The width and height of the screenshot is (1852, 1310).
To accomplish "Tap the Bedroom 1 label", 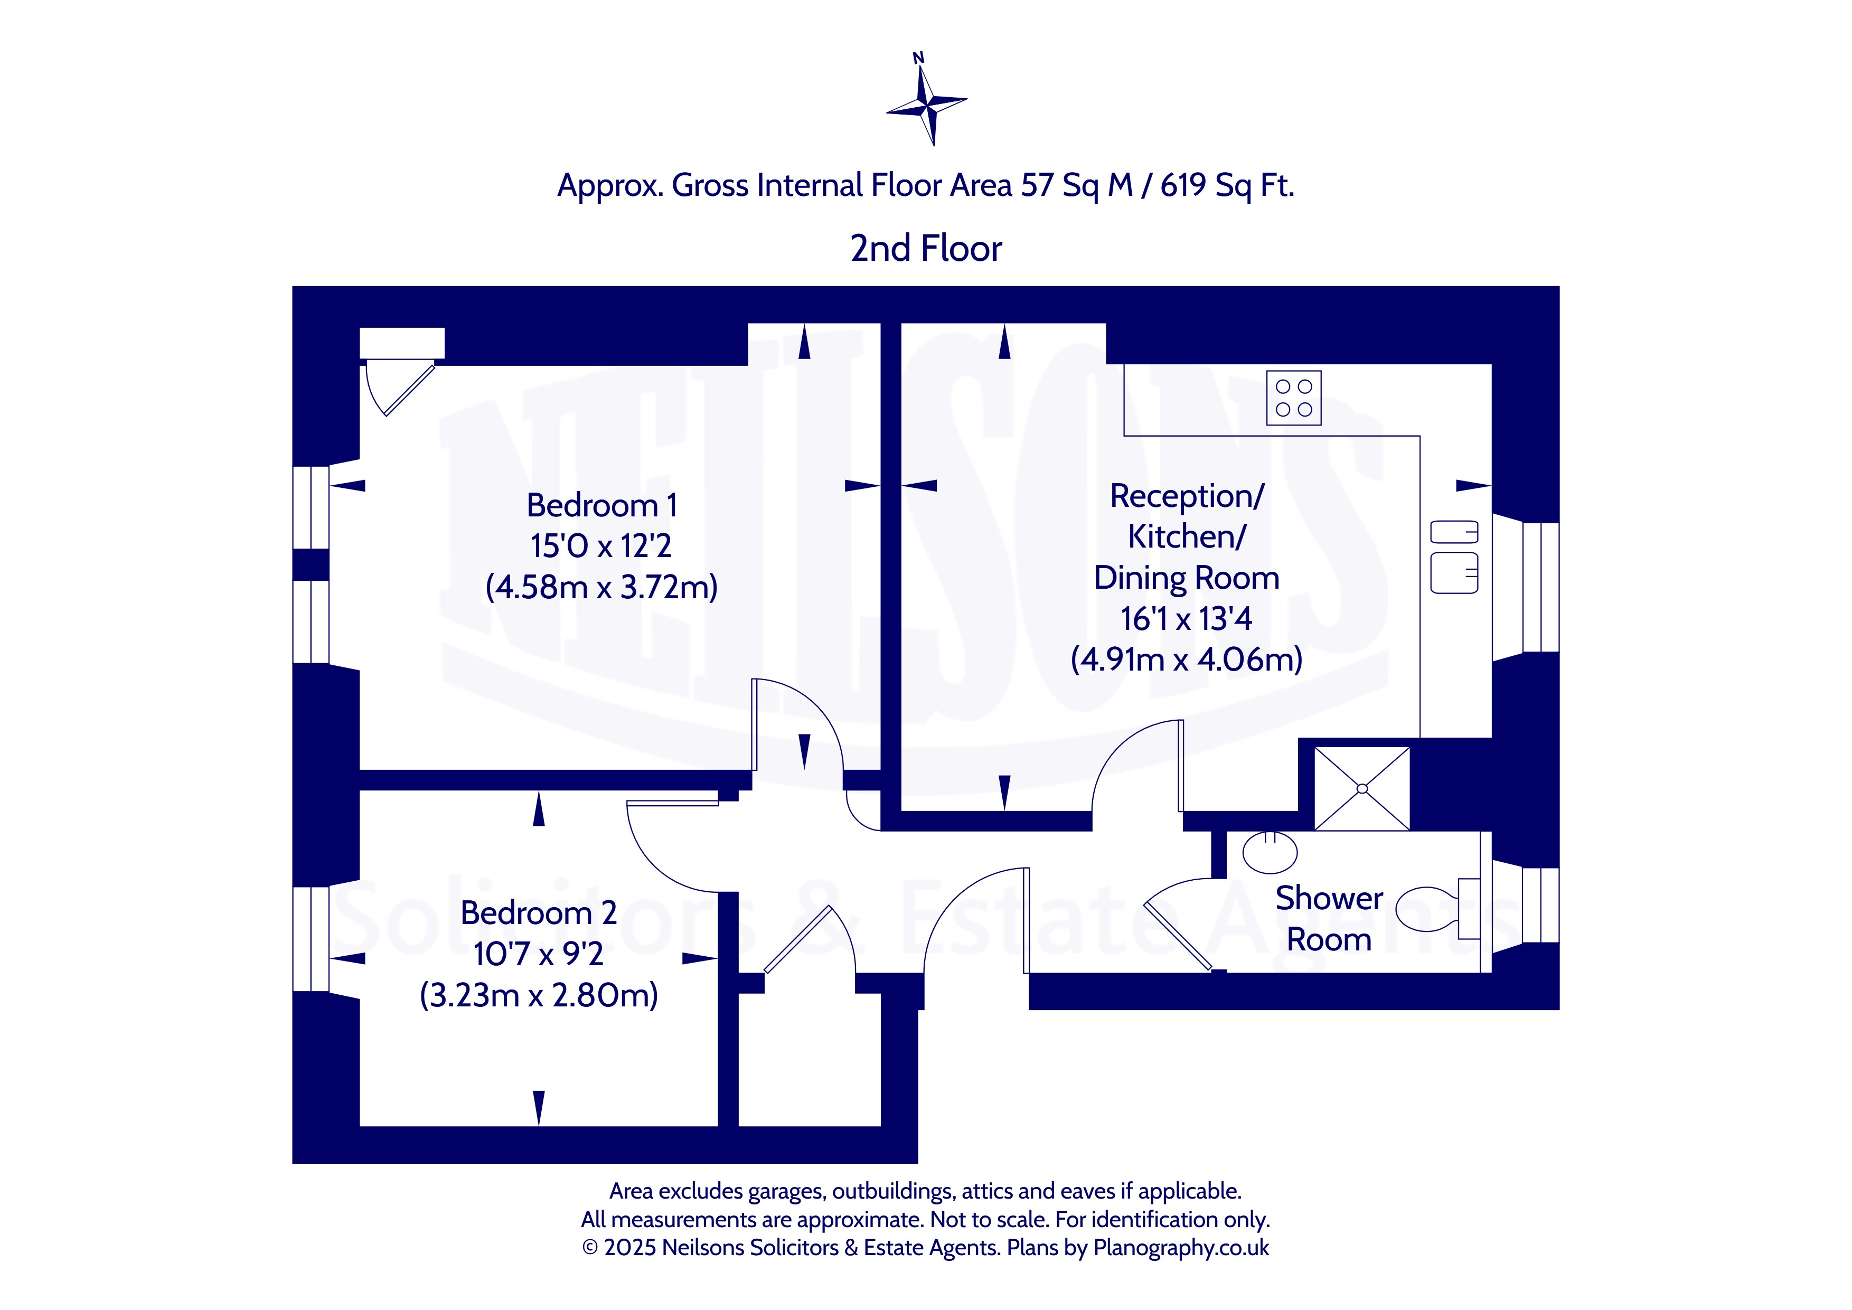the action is pos(601,506).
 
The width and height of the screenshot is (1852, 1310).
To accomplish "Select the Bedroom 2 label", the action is pos(539,913).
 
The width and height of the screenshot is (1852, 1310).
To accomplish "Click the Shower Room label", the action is pos(1329,919).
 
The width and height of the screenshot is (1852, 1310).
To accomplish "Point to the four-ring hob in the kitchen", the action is pos(1294,398).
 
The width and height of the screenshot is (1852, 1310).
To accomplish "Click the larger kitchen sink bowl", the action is pos(1454,573).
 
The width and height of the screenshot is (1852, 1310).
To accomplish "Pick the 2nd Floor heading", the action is pos(926,249).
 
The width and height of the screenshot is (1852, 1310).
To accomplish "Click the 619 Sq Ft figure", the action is pos(1227,185).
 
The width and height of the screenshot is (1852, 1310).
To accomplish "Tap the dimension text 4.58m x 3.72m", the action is pos(601,587).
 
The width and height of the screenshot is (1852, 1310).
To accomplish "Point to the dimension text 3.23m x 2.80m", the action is pos(539,995).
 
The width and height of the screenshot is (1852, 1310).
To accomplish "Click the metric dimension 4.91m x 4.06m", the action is pos(1187,660).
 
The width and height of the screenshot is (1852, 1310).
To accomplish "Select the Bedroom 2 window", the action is pos(311,939).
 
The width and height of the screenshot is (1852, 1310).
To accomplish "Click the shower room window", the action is pos(1540,904).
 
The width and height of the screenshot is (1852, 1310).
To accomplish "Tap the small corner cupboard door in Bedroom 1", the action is pos(400,388).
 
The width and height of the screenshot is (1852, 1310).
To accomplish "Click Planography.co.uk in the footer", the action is pos(1181,1248).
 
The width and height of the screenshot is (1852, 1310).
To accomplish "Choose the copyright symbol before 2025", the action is pos(590,1248).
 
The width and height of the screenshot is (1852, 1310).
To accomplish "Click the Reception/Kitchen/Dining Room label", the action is pos(1187,537).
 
